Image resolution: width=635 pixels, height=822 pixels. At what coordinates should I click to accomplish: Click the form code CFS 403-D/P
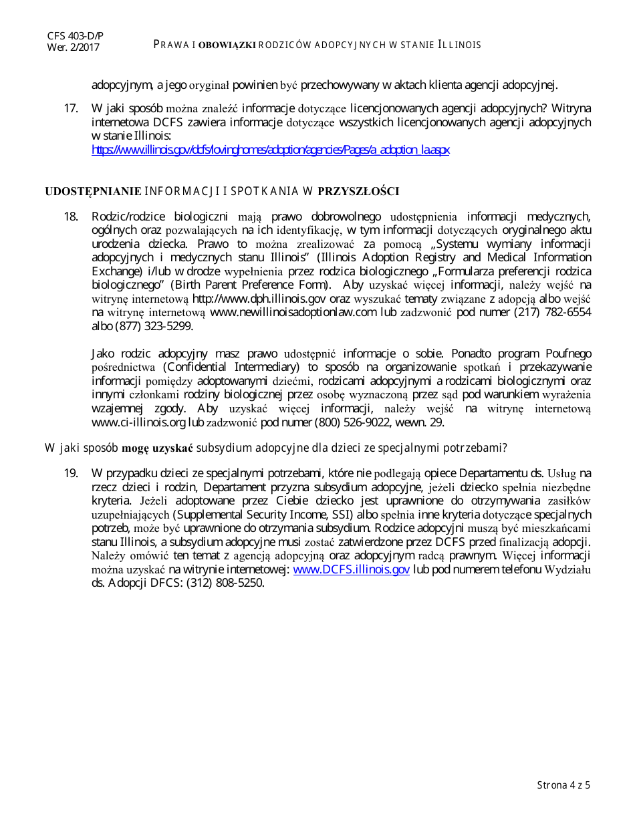click(x=75, y=35)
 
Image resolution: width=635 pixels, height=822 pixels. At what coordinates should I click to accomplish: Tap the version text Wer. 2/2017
click(x=73, y=47)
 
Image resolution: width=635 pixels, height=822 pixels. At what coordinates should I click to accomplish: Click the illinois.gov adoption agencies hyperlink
click(x=270, y=150)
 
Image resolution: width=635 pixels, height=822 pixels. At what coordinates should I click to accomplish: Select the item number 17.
click(x=72, y=108)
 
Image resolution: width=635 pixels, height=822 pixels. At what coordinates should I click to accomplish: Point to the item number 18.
click(x=72, y=217)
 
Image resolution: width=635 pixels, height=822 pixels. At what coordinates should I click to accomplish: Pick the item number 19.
click(x=72, y=473)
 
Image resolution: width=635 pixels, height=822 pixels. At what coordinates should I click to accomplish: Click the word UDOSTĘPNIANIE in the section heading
click(x=93, y=192)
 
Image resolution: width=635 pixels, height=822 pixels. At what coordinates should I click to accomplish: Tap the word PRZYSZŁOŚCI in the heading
click(x=358, y=192)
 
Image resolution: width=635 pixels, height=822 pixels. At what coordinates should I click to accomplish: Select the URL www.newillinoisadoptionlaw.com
click(x=293, y=312)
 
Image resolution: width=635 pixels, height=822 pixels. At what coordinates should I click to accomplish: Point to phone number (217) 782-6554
click(x=552, y=312)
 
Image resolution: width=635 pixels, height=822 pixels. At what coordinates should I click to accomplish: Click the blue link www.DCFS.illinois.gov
click(x=352, y=569)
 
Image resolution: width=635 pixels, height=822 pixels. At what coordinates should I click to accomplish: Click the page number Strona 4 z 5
click(x=563, y=785)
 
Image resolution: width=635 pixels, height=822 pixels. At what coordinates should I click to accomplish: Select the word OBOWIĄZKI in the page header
click(x=227, y=45)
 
